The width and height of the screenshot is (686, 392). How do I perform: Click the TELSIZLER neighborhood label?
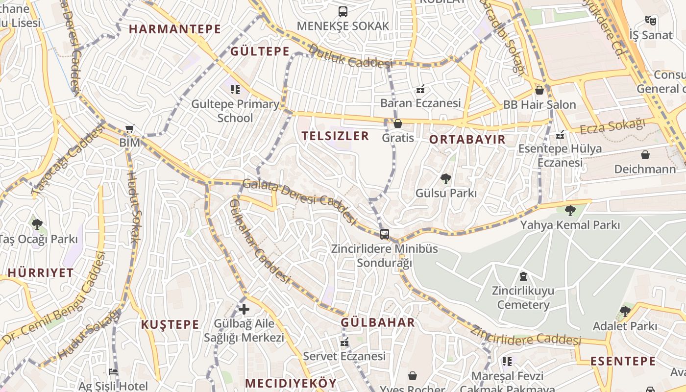(335, 136)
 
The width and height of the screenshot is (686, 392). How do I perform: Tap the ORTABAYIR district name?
(467, 140)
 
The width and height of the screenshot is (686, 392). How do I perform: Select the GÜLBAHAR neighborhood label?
(378, 322)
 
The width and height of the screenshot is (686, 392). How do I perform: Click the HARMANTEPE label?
(175, 29)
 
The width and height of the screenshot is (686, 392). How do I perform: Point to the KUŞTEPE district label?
(170, 324)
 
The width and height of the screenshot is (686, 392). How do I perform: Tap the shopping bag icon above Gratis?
(398, 123)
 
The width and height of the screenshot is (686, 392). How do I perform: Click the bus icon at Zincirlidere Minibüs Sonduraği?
(385, 234)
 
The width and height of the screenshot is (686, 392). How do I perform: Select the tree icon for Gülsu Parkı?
(445, 179)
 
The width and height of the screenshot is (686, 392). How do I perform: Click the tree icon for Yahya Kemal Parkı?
(570, 211)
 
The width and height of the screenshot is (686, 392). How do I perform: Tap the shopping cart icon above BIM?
(129, 129)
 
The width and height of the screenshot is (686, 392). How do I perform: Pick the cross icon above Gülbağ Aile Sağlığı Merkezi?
(244, 309)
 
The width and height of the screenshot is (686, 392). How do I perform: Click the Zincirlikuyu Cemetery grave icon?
(523, 276)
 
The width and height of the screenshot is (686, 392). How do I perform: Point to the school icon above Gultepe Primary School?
(235, 89)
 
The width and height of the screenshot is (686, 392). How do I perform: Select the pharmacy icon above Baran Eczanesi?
(420, 89)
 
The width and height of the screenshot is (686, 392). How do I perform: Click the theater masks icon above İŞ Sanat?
(650, 21)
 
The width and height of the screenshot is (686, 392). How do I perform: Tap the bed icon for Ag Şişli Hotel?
(113, 372)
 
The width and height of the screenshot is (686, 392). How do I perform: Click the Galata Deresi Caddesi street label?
(299, 200)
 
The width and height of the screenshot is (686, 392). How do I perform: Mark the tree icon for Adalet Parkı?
(625, 312)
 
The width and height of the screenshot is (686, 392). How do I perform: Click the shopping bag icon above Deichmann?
(645, 155)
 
